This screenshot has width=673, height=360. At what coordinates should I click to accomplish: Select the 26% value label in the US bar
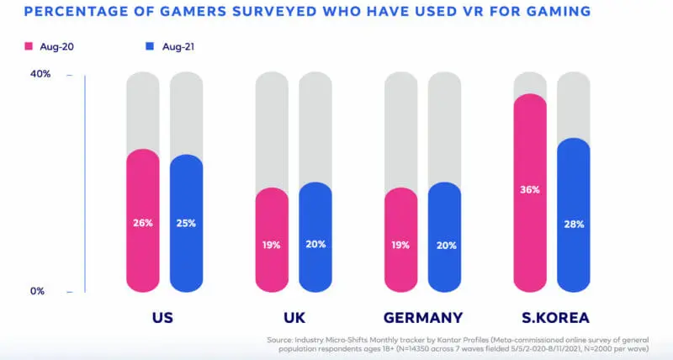pyautogui.click(x=142, y=223)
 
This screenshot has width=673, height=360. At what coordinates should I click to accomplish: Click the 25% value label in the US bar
pyautogui.click(x=186, y=223)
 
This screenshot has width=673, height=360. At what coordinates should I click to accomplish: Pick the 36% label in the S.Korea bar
pyautogui.click(x=530, y=190)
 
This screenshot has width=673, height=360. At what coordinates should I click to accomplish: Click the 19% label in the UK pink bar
pyautogui.click(x=272, y=246)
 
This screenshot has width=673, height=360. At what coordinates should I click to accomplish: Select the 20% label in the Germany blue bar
pyautogui.click(x=445, y=245)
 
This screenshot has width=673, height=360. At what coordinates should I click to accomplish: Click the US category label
pyautogui.click(x=164, y=318)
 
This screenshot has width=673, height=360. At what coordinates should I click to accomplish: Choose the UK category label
pyautogui.click(x=294, y=318)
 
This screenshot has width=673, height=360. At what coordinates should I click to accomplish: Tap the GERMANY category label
pyautogui.click(x=422, y=318)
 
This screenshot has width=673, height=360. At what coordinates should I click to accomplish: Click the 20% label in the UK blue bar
pyautogui.click(x=315, y=245)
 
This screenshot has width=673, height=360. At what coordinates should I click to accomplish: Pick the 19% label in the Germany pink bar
pyautogui.click(x=400, y=246)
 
